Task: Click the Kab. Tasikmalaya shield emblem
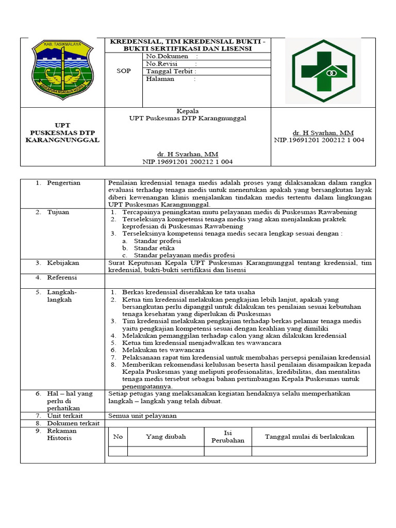click(62, 71)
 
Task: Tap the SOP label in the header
click(123, 72)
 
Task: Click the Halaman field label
click(160, 79)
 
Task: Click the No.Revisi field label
click(162, 64)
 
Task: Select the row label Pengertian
click(64, 183)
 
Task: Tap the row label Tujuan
click(58, 212)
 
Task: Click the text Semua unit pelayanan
click(143, 416)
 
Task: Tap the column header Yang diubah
click(166, 437)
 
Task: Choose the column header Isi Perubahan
click(227, 437)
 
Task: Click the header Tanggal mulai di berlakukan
click(309, 437)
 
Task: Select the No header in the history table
click(118, 437)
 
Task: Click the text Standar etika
click(154, 248)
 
